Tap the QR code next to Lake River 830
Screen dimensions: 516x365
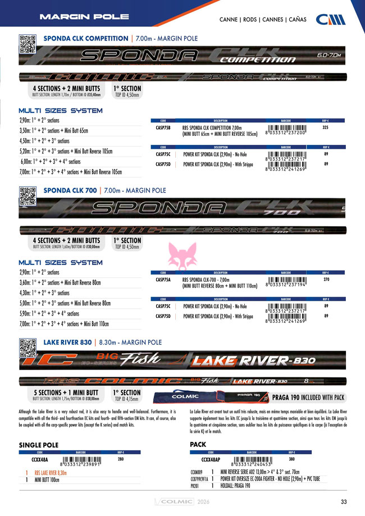click(26, 344)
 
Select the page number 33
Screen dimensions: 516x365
click(344, 502)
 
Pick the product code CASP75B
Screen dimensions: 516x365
click(163, 127)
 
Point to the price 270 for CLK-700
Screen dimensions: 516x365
click(326, 279)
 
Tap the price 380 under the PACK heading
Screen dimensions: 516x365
click(291, 459)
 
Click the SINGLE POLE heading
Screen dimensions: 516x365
click(39, 445)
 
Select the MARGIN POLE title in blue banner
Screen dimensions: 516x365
click(84, 16)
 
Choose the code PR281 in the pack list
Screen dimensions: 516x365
click(195, 486)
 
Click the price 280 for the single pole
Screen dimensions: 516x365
click(120, 459)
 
